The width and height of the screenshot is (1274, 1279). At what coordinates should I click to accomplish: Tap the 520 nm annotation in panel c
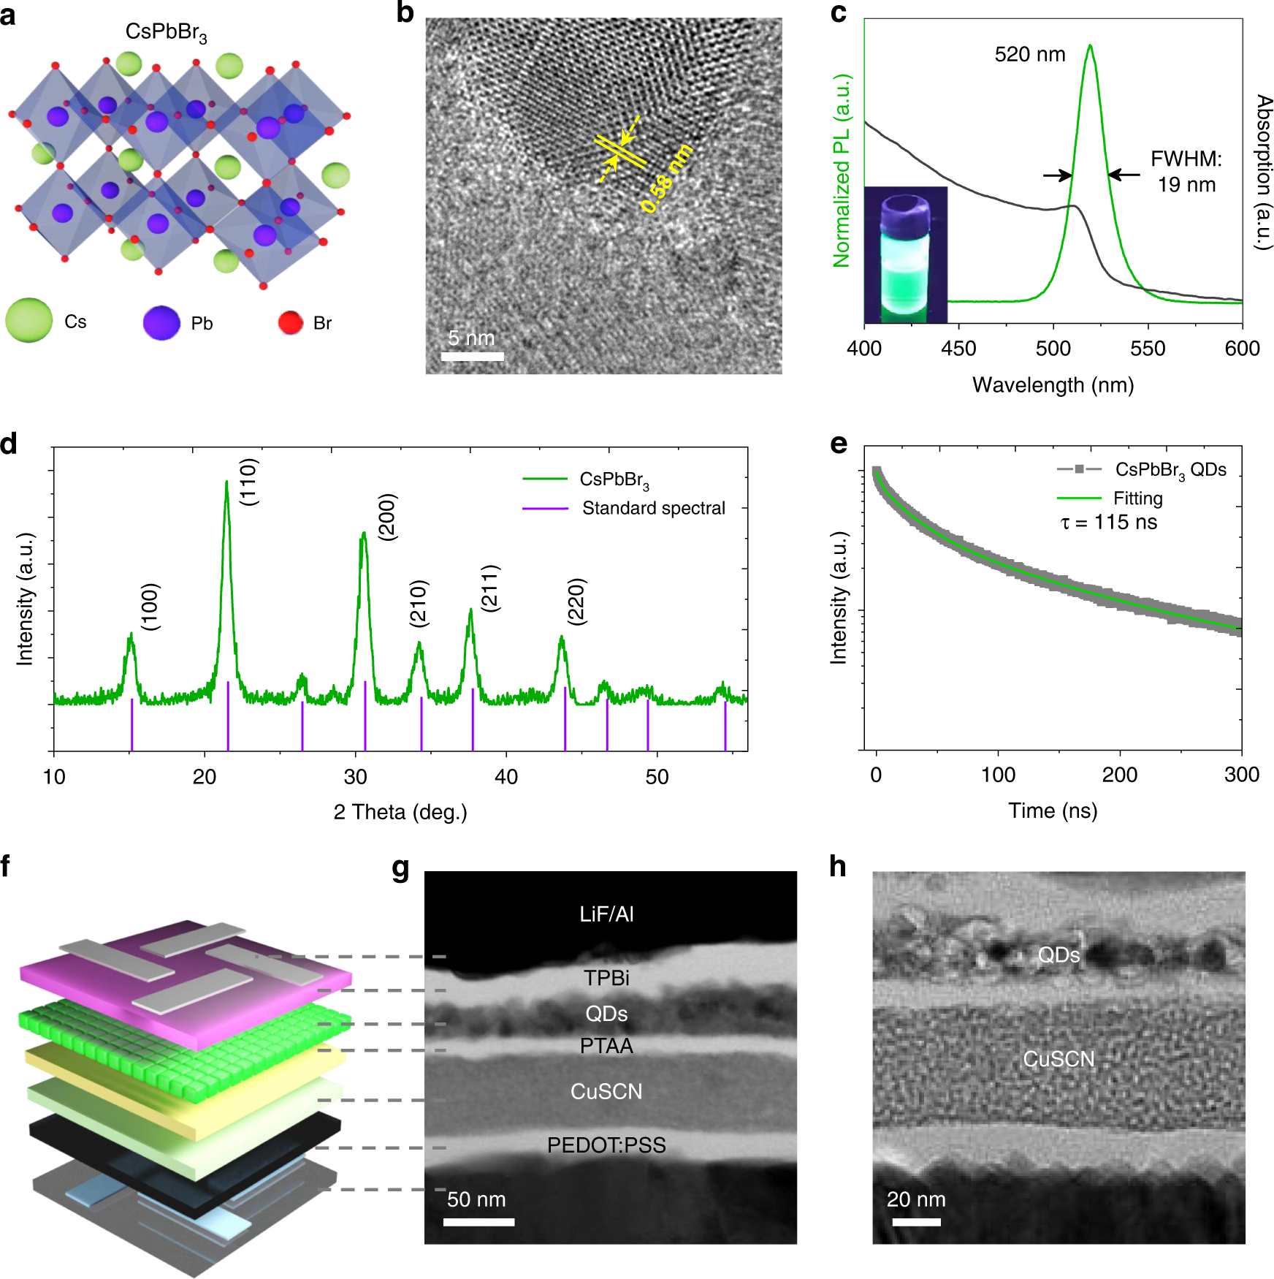pyautogui.click(x=1029, y=55)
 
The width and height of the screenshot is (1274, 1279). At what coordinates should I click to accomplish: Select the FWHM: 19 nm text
pyautogui.click(x=1186, y=171)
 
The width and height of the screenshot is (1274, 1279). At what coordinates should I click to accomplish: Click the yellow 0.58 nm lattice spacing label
pyautogui.click(x=666, y=179)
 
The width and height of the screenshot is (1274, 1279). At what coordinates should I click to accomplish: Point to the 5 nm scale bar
pyautogui.click(x=472, y=356)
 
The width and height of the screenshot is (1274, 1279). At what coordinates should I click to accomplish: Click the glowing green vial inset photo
pyautogui.click(x=906, y=255)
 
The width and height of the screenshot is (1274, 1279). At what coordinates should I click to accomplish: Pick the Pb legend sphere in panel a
pyautogui.click(x=161, y=323)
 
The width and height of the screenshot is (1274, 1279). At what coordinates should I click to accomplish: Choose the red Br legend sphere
pyautogui.click(x=291, y=322)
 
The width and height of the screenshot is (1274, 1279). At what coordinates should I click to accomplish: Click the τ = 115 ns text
pyautogui.click(x=1108, y=523)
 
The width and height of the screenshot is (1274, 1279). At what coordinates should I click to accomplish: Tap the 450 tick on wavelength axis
pyautogui.click(x=958, y=349)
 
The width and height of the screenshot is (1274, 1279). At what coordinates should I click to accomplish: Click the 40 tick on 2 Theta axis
pyautogui.click(x=506, y=776)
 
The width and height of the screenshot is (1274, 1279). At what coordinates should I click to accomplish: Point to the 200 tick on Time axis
pyautogui.click(x=1119, y=775)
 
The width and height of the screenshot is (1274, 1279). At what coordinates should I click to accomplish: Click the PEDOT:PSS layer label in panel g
pyautogui.click(x=606, y=1145)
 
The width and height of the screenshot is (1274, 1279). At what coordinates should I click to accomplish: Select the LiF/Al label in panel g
pyautogui.click(x=606, y=914)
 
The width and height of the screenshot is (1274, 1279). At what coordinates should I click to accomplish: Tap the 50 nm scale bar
pyautogui.click(x=478, y=1221)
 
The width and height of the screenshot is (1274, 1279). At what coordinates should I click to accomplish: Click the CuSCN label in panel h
pyautogui.click(x=1059, y=1059)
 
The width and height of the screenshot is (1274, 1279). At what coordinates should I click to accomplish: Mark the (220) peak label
pyautogui.click(x=576, y=601)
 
